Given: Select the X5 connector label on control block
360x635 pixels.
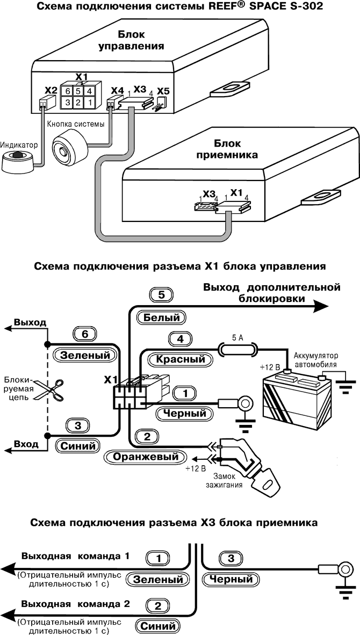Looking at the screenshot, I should point(163,92).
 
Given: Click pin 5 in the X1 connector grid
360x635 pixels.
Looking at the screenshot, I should point(79,91).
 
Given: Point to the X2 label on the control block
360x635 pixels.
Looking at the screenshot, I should point(50,90).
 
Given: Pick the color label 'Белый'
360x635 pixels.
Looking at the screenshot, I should point(161,317).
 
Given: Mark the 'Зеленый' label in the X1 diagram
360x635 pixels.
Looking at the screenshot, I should point(85,355).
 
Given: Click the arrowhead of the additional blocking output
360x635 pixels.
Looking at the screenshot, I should point(320,306).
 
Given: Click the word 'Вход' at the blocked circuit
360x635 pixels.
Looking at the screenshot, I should point(25,444).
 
